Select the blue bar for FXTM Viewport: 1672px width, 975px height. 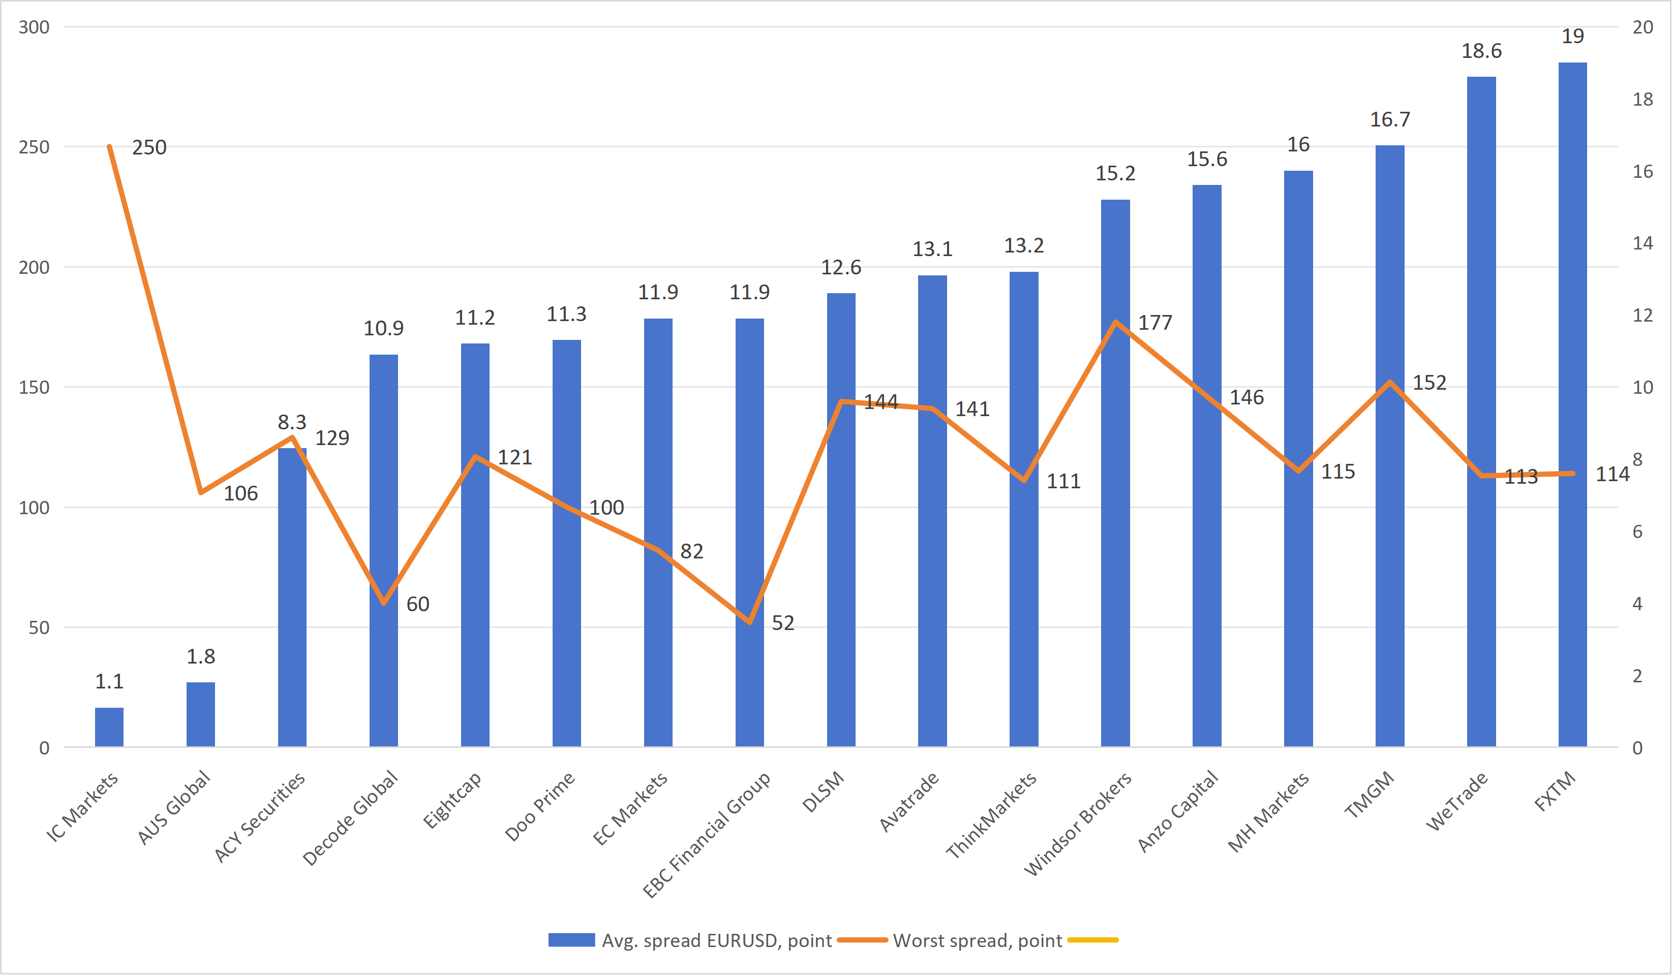tap(1572, 404)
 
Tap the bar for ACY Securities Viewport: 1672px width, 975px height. tap(292, 597)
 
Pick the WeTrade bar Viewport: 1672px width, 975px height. tap(1481, 411)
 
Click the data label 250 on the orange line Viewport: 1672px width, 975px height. tap(149, 147)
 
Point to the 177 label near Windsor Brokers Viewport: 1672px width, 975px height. tap(1155, 323)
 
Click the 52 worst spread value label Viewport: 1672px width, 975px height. tap(783, 623)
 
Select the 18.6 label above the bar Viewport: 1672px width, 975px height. tap(1481, 51)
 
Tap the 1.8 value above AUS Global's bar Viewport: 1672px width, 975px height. tap(200, 656)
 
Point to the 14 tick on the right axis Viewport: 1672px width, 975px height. tap(1643, 243)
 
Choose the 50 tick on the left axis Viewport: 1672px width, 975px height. tap(39, 627)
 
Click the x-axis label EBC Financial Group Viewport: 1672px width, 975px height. tap(707, 834)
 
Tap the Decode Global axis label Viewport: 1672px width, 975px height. tap(351, 818)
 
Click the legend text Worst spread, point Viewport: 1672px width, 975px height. tap(977, 940)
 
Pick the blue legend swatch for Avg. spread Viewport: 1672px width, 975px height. tap(571, 940)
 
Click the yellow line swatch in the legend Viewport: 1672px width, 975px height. tap(1093, 940)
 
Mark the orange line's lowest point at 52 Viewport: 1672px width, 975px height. tap(750, 622)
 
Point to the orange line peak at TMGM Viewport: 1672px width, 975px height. tap(1390, 383)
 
